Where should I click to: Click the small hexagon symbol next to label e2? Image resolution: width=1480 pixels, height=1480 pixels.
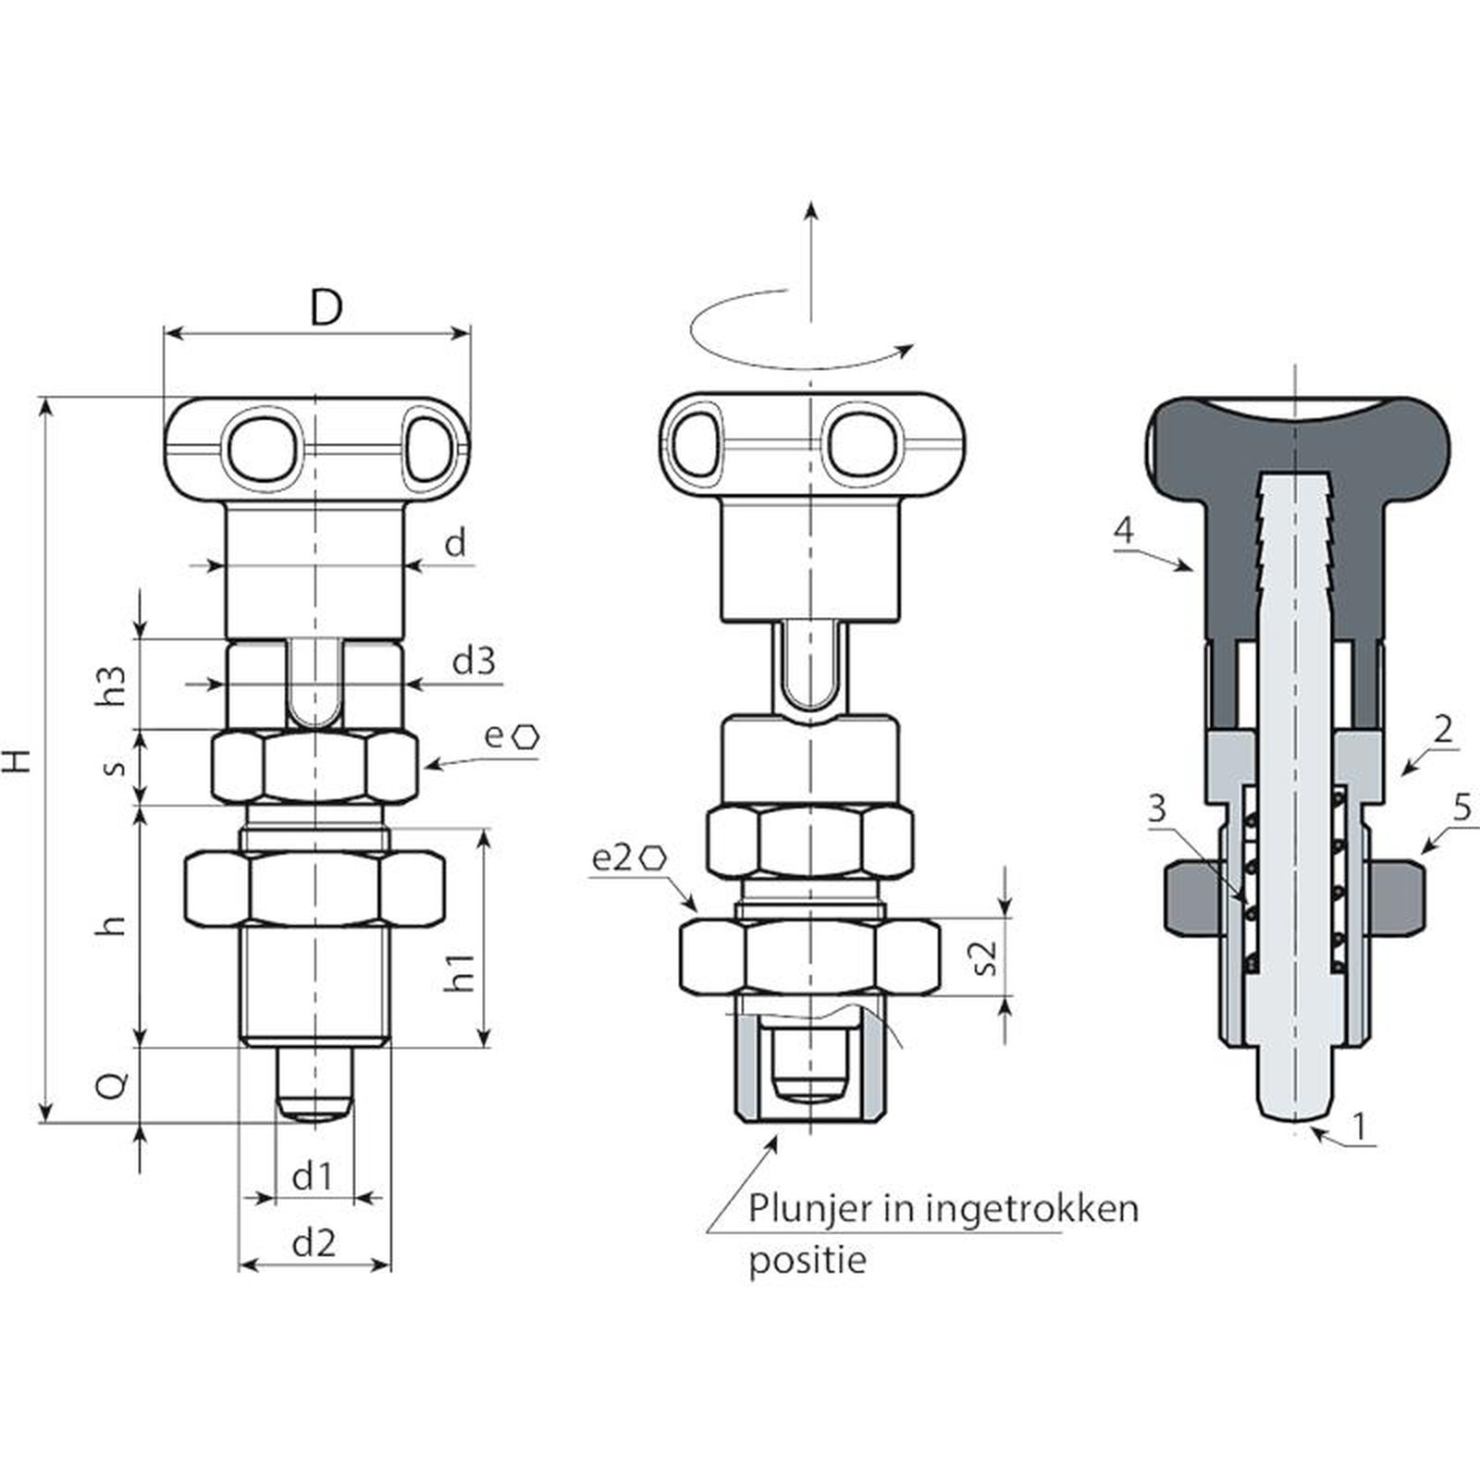(x=653, y=857)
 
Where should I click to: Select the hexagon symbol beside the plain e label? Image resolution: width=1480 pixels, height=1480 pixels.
(x=527, y=736)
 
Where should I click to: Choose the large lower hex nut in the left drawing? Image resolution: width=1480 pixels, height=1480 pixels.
(x=314, y=887)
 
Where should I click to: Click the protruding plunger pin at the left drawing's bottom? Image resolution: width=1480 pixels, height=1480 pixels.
(x=315, y=1084)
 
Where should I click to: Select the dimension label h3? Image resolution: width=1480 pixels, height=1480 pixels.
(x=113, y=685)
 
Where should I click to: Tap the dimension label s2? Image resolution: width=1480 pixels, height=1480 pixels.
(x=986, y=957)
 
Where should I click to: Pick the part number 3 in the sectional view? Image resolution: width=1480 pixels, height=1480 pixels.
(x=1157, y=809)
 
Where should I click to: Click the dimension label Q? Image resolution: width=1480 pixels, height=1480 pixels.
(x=112, y=1085)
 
